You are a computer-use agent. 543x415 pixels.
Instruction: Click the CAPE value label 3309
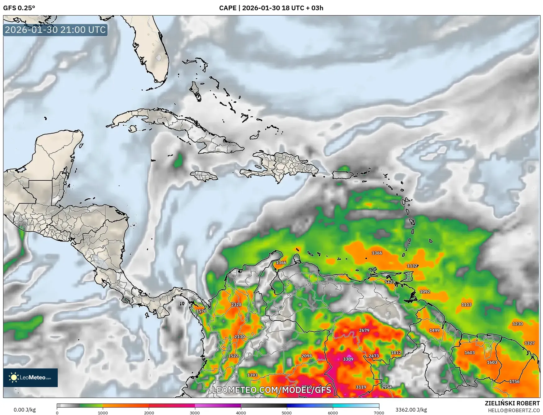[348, 359]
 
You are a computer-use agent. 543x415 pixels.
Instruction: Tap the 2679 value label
[364, 330]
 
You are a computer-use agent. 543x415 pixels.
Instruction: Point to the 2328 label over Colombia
[236, 304]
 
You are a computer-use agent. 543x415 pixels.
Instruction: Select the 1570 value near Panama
[201, 311]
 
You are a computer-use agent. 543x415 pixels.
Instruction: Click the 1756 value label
[514, 381]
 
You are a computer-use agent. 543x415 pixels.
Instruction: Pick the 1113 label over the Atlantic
[466, 304]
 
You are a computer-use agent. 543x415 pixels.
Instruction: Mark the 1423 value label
[390, 282]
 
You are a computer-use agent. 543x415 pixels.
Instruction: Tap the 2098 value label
[306, 356]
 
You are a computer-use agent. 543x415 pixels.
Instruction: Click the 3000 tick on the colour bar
[195, 413]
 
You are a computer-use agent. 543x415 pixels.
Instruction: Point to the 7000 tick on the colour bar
[379, 413]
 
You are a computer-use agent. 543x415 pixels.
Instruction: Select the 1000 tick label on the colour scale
[103, 413]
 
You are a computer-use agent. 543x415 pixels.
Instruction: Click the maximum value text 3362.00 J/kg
[411, 410]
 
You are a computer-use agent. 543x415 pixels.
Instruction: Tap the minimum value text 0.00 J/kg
[25, 410]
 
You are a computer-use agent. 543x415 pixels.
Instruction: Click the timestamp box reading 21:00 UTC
[55, 30]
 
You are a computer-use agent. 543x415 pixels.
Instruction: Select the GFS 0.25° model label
[19, 8]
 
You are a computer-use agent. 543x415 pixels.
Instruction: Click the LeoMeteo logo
[30, 377]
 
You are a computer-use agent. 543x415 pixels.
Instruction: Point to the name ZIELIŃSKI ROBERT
[512, 403]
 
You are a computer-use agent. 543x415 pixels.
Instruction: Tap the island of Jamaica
[204, 176]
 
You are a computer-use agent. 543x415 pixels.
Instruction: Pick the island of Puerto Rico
[343, 175]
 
